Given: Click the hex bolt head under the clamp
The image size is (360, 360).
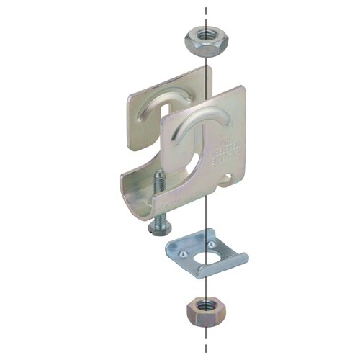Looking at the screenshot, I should [157, 227].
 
